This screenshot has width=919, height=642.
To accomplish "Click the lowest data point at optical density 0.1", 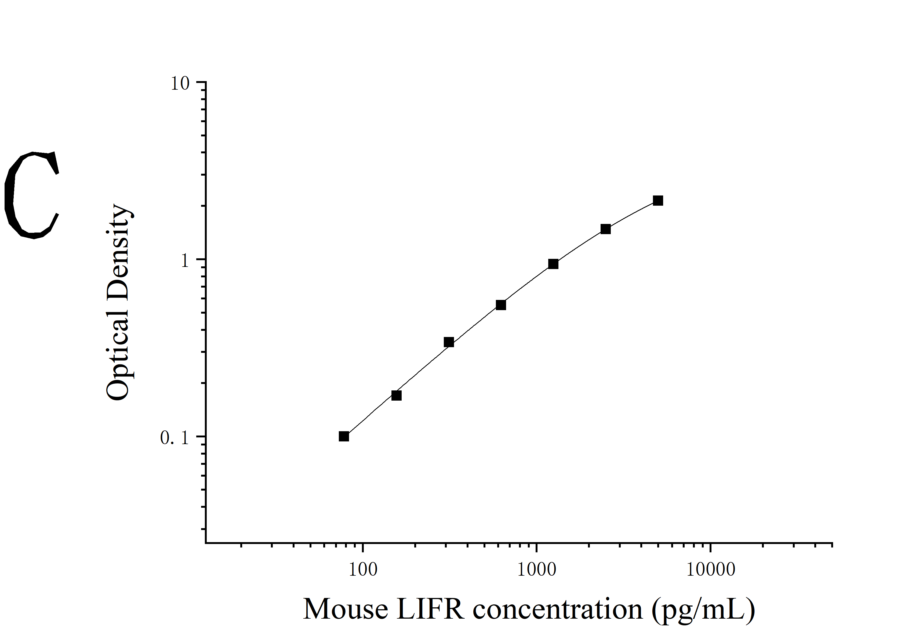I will tap(343, 436).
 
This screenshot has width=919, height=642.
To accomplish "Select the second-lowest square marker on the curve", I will tap(396, 396).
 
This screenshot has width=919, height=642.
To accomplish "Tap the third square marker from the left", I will tap(449, 342).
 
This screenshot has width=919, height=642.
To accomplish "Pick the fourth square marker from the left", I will tap(501, 305).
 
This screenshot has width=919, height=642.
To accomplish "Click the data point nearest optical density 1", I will tap(553, 264).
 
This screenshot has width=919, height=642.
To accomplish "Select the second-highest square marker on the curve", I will tap(606, 229).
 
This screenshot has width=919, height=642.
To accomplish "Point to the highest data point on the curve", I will tap(658, 201).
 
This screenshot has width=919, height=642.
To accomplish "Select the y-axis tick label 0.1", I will tap(174, 438).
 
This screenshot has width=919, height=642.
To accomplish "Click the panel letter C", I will tap(32, 195).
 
